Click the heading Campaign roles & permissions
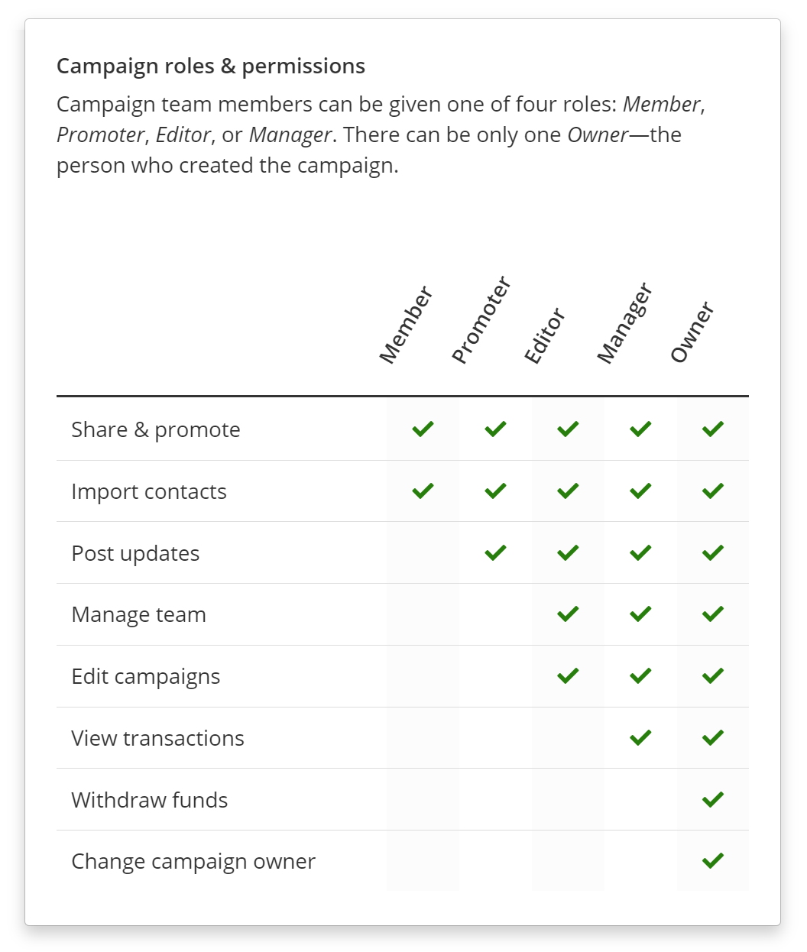tap(211, 66)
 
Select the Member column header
tap(406, 325)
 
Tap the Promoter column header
tap(481, 321)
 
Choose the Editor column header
tap(545, 336)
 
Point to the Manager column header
tap(624, 323)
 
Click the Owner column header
tap(692, 332)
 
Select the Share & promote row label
tap(156, 430)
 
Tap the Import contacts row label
tap(149, 492)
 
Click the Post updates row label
tap(135, 554)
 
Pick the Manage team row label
tap(138, 615)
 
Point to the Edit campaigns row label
tap(145, 677)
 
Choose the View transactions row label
tap(157, 739)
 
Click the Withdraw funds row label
tap(150, 801)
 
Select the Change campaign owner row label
tap(193, 862)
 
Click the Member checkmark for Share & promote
tap(423, 429)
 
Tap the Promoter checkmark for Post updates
tap(495, 552)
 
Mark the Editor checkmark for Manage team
tap(568, 614)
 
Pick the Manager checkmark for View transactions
tap(640, 737)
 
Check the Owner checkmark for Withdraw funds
tap(712, 799)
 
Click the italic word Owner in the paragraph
tap(598, 135)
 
